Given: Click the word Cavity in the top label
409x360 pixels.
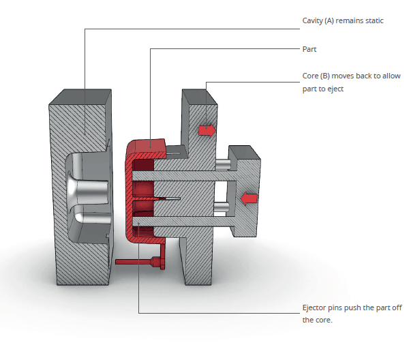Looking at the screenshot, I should [313, 21].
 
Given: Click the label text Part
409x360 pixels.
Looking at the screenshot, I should [309, 49].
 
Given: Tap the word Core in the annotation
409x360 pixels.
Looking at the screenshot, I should [311, 76].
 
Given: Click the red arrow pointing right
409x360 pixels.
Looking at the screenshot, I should [206, 130].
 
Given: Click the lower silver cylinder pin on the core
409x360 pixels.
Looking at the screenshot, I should [222, 206].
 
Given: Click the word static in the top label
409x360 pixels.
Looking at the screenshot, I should [374, 21].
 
